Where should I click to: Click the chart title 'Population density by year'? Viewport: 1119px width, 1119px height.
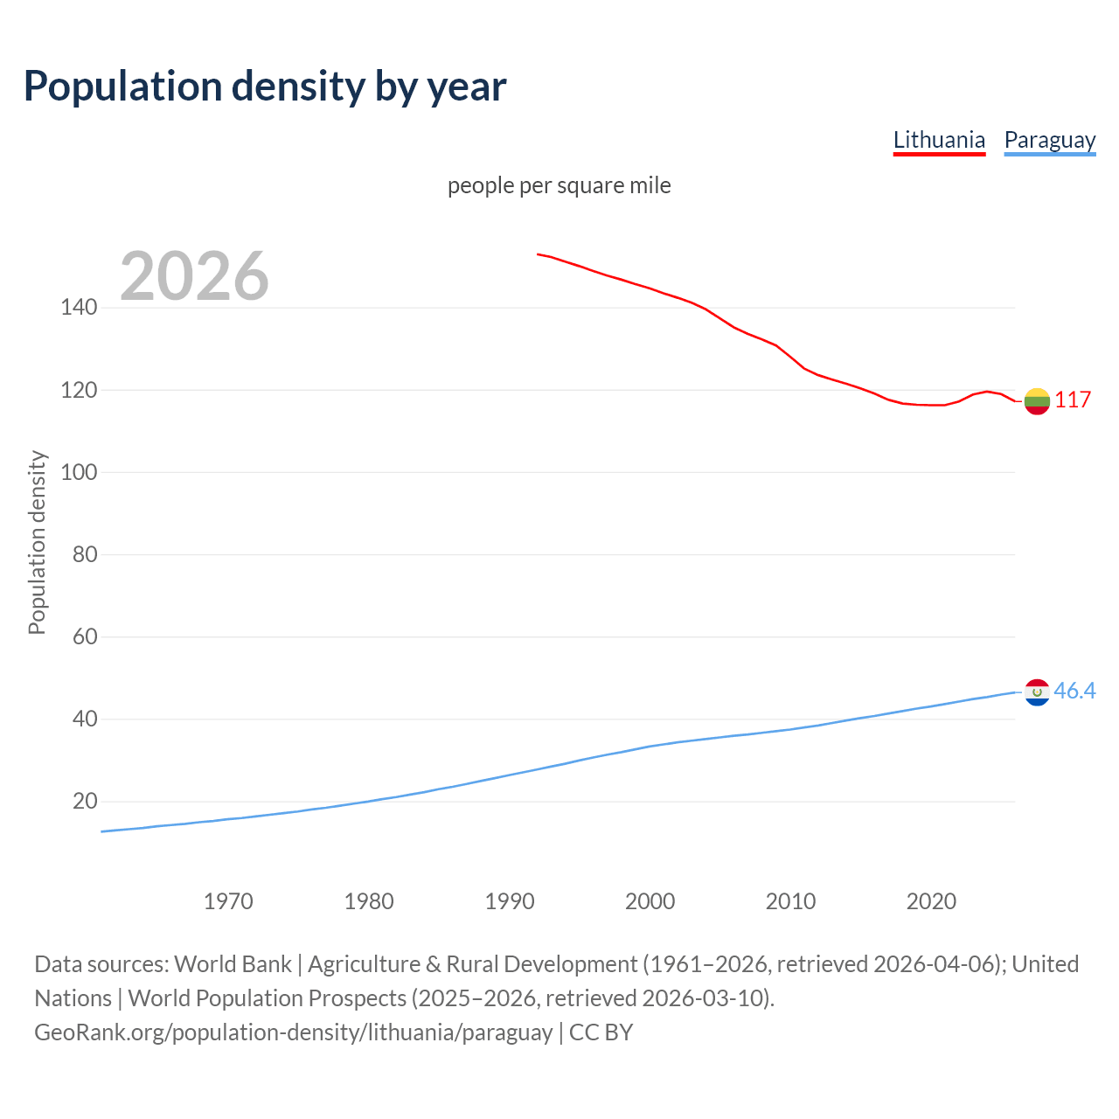pyautogui.click(x=265, y=87)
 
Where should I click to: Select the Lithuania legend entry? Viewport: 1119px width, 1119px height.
pyautogui.click(x=939, y=140)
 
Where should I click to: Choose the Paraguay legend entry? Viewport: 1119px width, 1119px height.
pyautogui.click(x=1049, y=140)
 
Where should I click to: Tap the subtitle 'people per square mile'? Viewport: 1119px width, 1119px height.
pyautogui.click(x=559, y=185)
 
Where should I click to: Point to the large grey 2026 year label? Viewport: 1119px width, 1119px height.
pyautogui.click(x=194, y=276)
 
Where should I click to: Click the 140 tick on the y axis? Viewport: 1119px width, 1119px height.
pyautogui.click(x=79, y=308)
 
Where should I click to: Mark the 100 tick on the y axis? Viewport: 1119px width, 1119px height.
pyautogui.click(x=79, y=472)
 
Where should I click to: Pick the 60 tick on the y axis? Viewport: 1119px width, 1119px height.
pyautogui.click(x=85, y=636)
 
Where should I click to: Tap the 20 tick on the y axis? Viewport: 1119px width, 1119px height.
pyautogui.click(x=85, y=801)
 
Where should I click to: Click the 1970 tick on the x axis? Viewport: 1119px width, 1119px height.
pyautogui.click(x=228, y=901)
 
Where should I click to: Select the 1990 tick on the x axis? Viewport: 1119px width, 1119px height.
pyautogui.click(x=510, y=901)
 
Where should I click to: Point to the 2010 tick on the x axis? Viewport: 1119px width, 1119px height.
pyautogui.click(x=790, y=901)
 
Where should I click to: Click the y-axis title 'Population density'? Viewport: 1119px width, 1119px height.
pyautogui.click(x=37, y=542)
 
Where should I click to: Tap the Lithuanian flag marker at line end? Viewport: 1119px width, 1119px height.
pyautogui.click(x=1037, y=401)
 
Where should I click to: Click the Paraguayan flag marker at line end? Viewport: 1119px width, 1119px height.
pyautogui.click(x=1037, y=692)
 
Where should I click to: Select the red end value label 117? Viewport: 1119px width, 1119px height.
pyautogui.click(x=1073, y=400)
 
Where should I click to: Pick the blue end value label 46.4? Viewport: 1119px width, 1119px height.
pyautogui.click(x=1074, y=692)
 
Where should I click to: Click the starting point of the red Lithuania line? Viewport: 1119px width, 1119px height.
pyautogui.click(x=538, y=254)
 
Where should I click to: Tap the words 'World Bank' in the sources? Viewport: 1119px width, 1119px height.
pyautogui.click(x=233, y=964)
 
